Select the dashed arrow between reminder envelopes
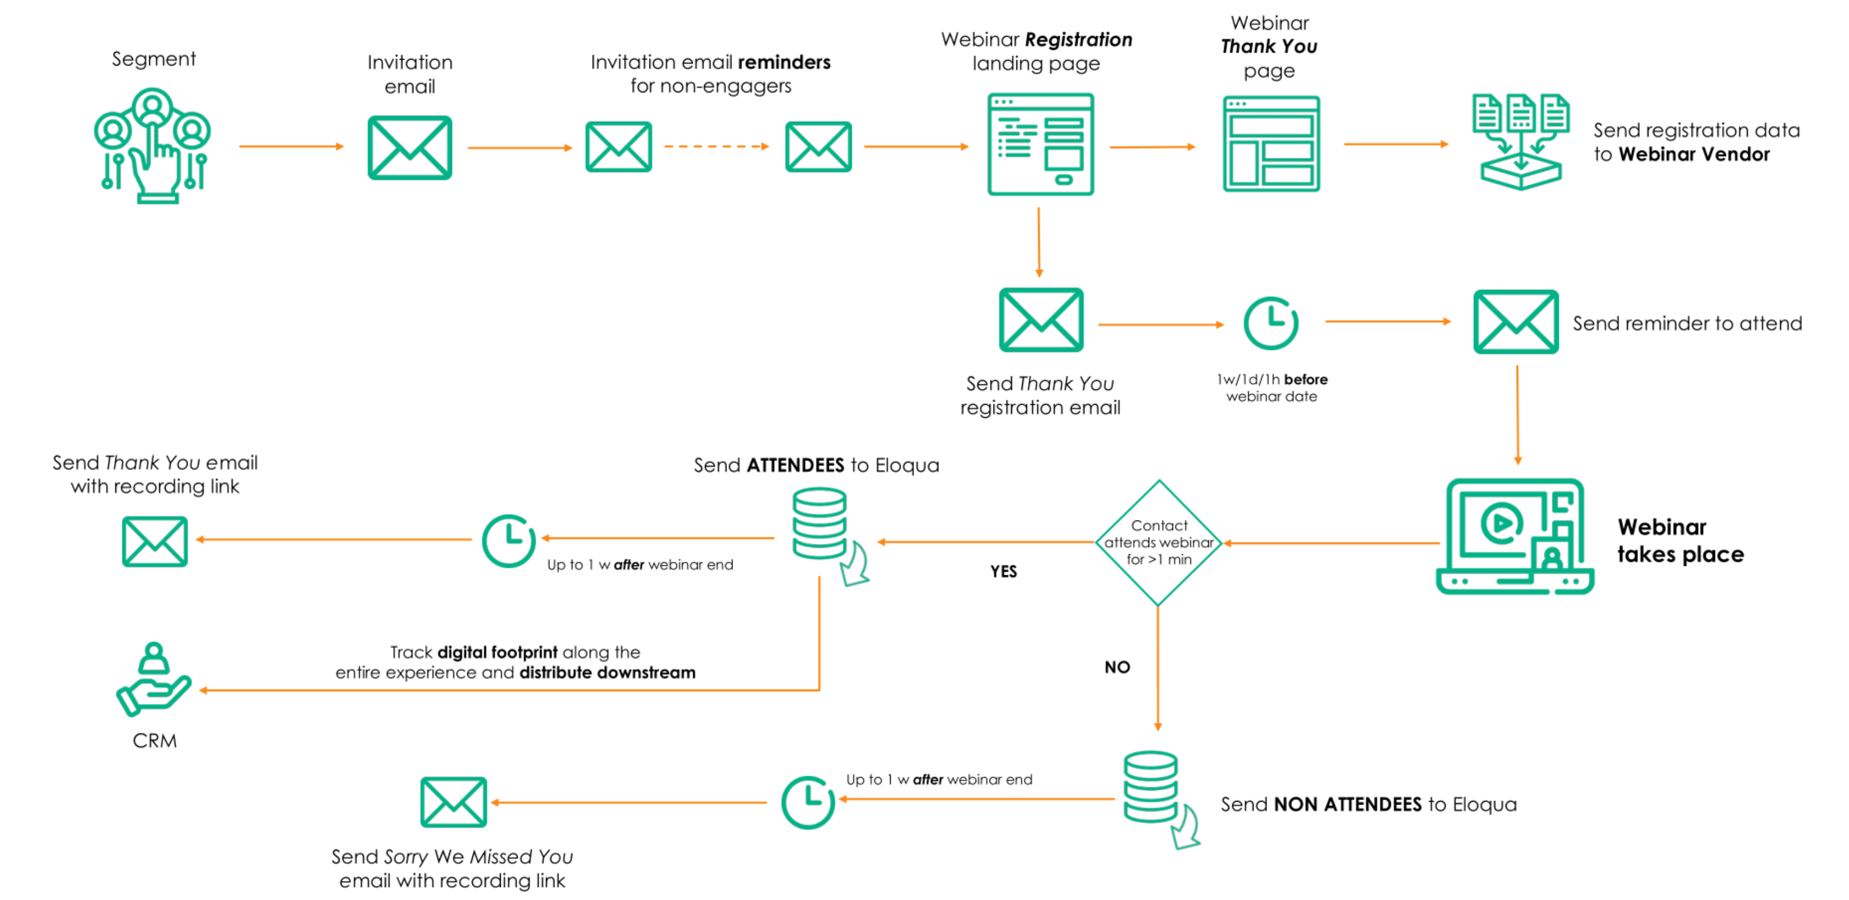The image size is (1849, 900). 716,147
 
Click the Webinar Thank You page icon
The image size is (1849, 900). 1271,144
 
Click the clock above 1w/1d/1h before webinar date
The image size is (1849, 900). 1271,323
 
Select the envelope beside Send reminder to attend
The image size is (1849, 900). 1516,322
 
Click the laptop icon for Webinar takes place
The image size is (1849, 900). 1514,537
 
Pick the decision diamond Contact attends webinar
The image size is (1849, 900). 1158,542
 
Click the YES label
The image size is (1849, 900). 1003,571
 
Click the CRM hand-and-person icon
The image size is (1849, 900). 153,680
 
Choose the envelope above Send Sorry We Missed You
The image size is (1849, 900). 453,802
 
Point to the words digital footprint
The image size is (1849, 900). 497,652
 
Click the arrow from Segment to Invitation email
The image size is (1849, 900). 291,147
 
